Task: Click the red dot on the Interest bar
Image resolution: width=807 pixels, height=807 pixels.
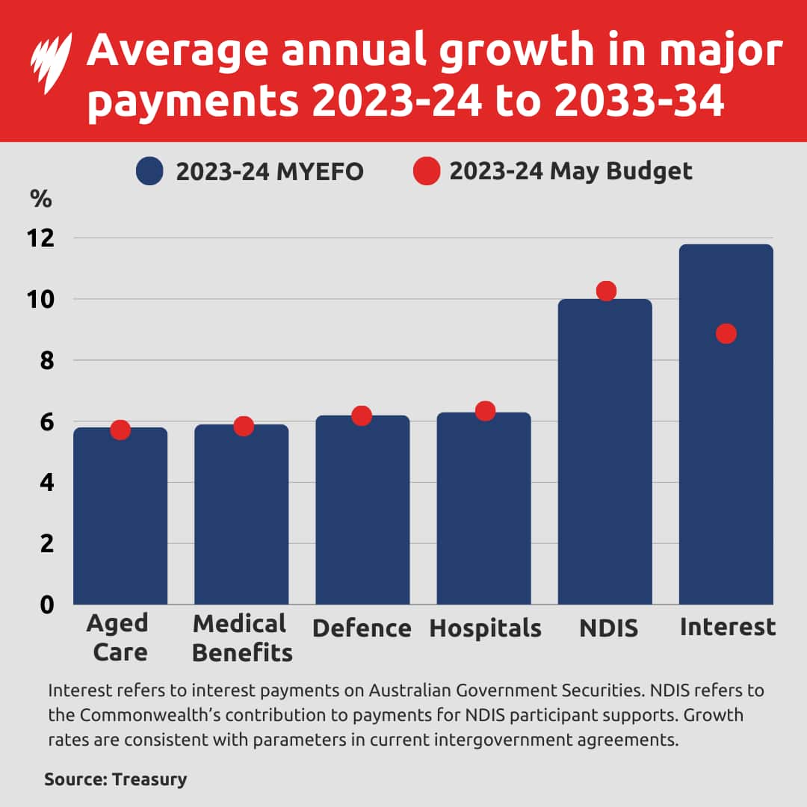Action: click(x=726, y=333)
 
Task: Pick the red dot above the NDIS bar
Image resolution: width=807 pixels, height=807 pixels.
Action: click(x=606, y=291)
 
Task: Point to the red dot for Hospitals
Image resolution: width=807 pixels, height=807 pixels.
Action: click(x=485, y=411)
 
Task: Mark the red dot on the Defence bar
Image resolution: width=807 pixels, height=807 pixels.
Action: click(x=362, y=415)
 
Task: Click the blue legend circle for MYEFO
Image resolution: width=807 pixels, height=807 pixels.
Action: click(x=149, y=172)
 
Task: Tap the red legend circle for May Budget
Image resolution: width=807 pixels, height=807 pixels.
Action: click(x=426, y=172)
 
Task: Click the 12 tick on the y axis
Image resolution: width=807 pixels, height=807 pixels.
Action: click(x=41, y=238)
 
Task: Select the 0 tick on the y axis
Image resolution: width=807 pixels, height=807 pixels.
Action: click(x=46, y=604)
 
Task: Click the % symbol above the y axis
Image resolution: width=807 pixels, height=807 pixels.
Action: click(x=40, y=200)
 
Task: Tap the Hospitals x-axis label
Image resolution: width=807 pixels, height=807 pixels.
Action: click(x=485, y=628)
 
